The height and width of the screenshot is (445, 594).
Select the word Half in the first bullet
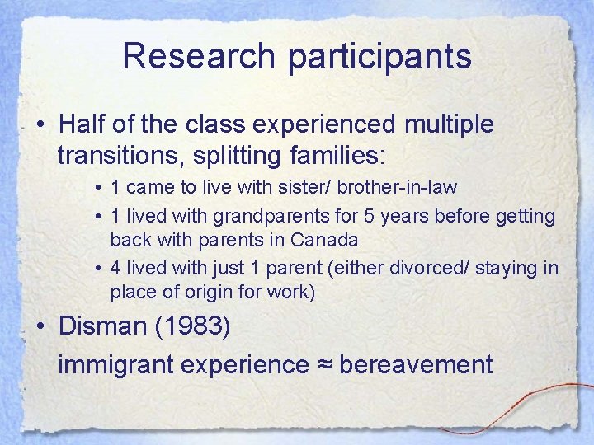point(78,124)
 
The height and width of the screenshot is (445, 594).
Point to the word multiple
point(450,124)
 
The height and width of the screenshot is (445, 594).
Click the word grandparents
point(260,217)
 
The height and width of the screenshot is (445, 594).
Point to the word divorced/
point(450,269)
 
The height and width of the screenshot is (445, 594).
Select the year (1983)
point(198,326)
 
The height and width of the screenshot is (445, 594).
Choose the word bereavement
point(416,363)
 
